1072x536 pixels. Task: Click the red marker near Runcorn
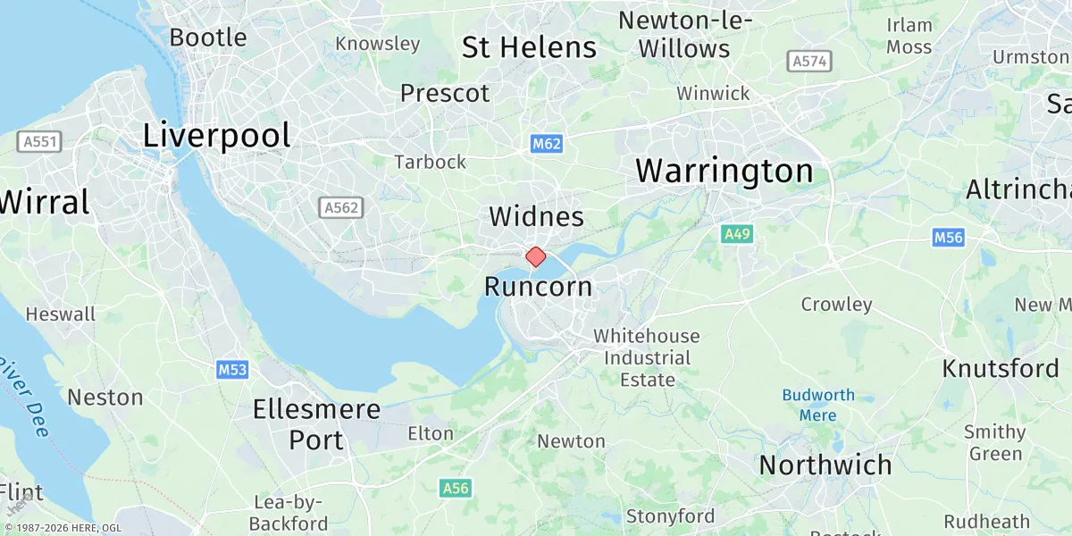pos(536,257)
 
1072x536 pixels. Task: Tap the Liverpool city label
pos(217,136)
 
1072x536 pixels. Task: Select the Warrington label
pos(724,171)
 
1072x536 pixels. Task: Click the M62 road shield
pos(546,144)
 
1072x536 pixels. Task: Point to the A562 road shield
pos(341,207)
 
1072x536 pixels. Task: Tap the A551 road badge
pos(39,142)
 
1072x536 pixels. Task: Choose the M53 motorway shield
pos(231,369)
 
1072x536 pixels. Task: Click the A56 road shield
pos(456,488)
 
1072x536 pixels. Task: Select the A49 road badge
pos(737,234)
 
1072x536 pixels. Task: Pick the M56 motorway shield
pos(948,238)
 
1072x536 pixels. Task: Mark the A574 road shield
pos(810,62)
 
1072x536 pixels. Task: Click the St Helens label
pos(529,47)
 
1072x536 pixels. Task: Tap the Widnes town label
pos(536,217)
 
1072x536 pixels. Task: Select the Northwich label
pos(825,465)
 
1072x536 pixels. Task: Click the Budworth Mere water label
pos(818,405)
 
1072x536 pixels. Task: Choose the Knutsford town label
pos(1001,368)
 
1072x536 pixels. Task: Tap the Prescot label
pos(445,93)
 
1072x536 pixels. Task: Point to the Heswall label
pos(61,314)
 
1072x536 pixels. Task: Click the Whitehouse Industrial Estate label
pos(647,357)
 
